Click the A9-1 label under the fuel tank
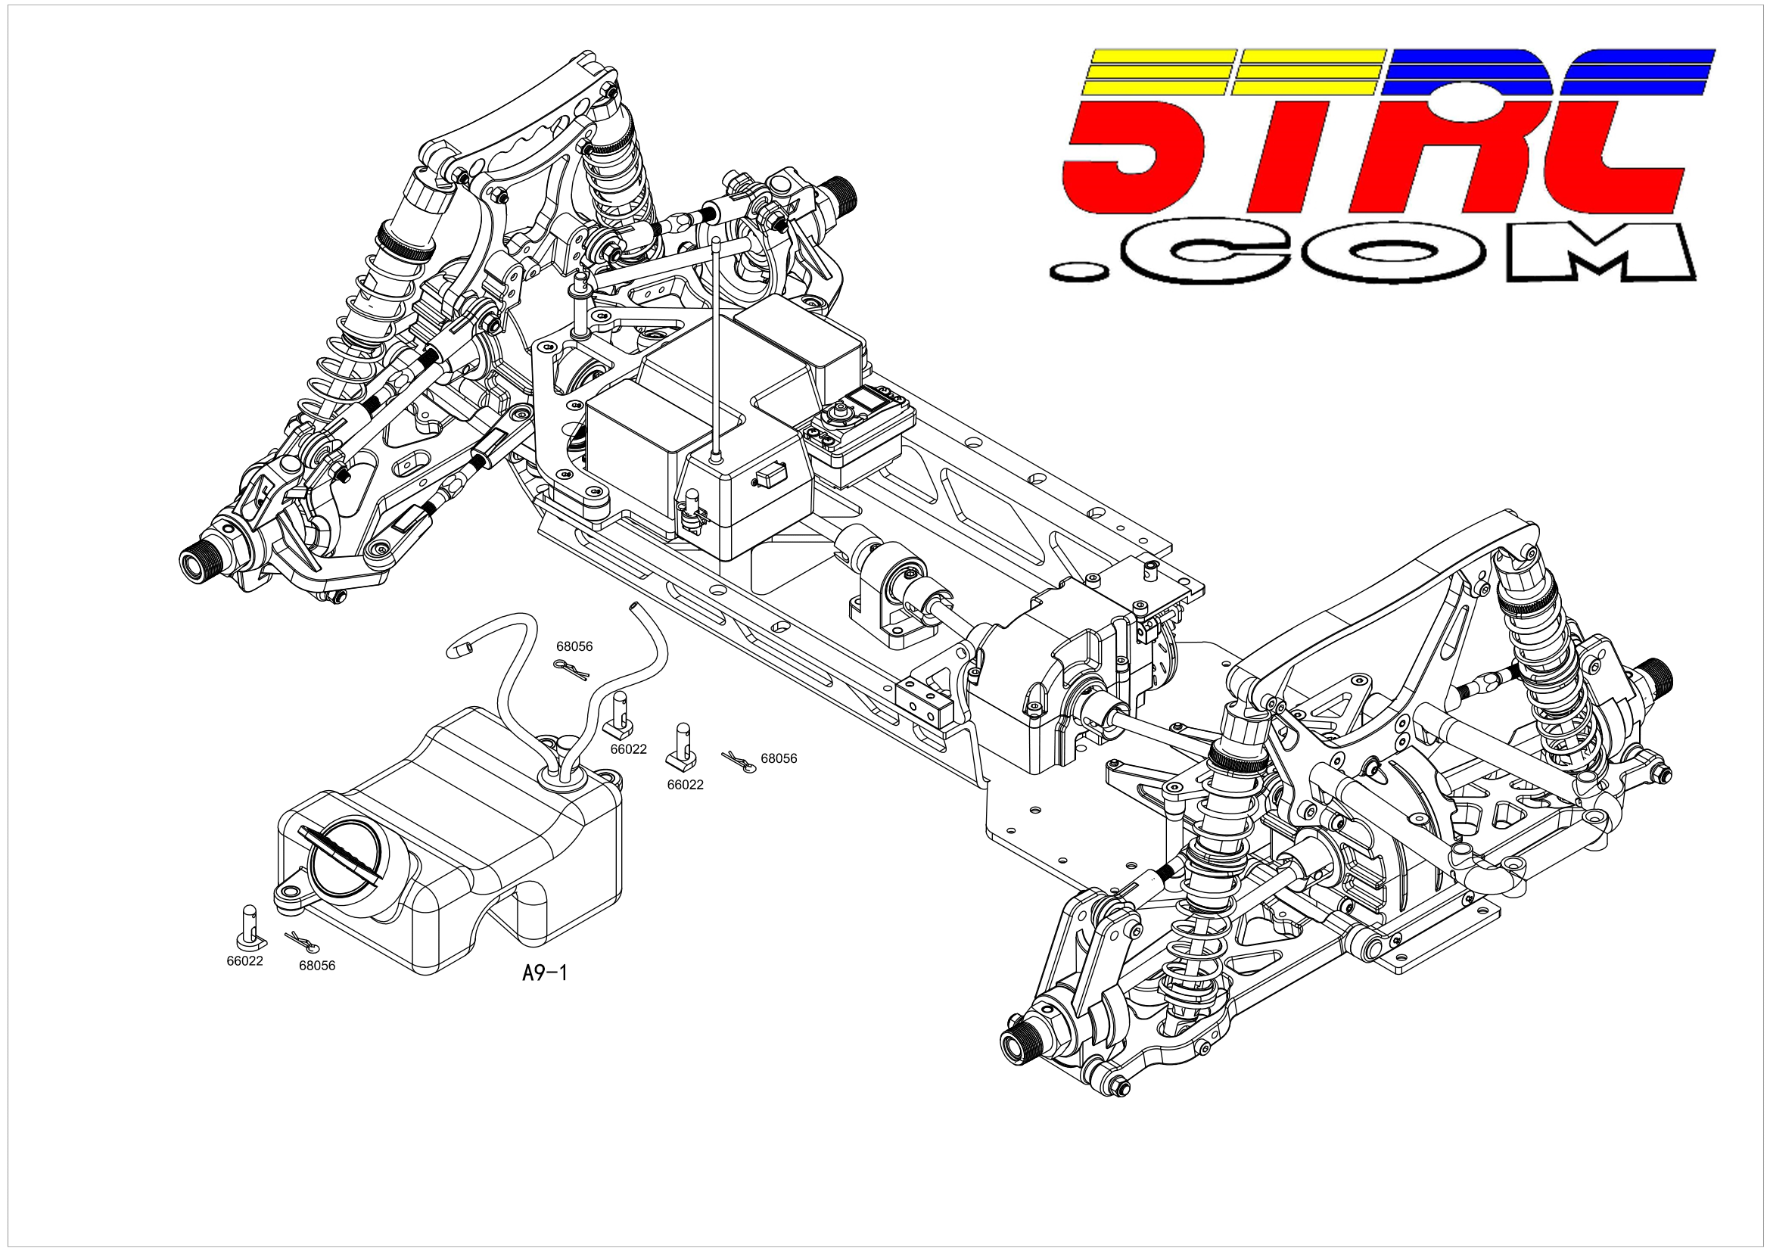(x=544, y=972)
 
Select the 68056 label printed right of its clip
(x=779, y=758)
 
